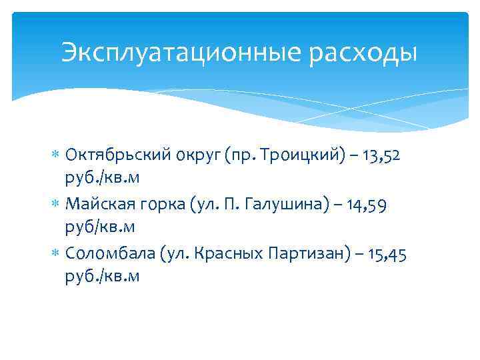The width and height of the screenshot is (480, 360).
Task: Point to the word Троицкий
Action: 313,155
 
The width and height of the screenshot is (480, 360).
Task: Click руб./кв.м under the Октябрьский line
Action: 103,178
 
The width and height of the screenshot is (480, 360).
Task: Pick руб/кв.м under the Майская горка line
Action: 101,227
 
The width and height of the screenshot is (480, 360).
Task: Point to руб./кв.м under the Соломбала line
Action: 103,277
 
